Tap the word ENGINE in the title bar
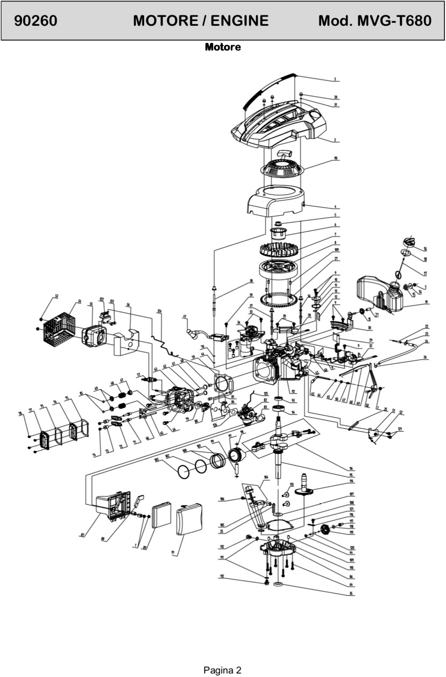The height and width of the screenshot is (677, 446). pos(239,21)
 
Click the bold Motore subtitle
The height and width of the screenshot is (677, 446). pos(223,47)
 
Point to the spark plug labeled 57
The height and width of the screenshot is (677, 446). pos(151,379)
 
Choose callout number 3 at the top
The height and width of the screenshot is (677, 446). pos(335,79)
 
